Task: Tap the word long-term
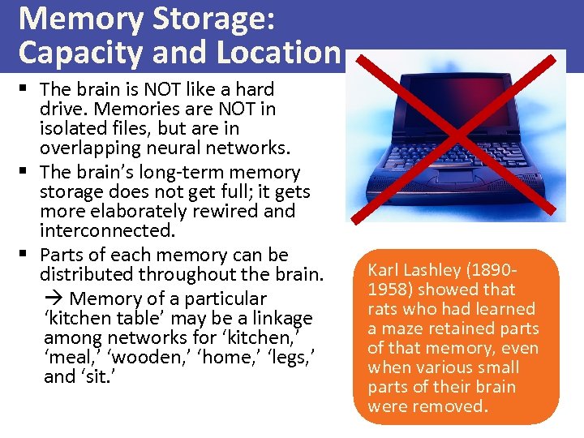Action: (x=208, y=172)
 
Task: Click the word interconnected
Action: (x=107, y=230)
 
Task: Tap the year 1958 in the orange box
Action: (x=387, y=290)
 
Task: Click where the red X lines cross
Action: (x=460, y=134)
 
